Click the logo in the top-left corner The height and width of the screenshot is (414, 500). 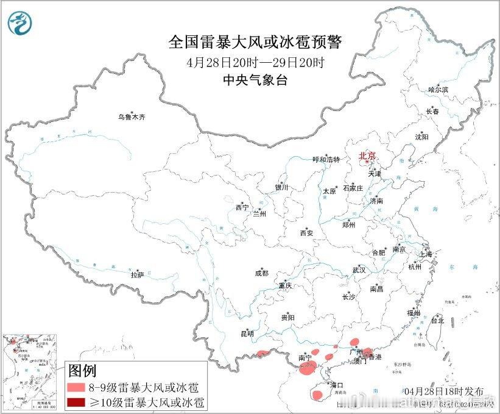[19, 23]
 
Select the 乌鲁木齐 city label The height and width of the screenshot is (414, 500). [132, 116]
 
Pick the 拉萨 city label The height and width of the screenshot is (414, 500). [137, 275]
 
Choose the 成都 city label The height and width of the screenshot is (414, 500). [262, 274]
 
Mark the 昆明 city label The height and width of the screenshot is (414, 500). [247, 334]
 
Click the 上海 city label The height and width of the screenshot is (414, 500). [425, 254]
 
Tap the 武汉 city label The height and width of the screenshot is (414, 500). [359, 269]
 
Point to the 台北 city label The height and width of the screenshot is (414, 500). [437, 320]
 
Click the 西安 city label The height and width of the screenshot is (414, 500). [306, 232]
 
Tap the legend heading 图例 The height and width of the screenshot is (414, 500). [82, 370]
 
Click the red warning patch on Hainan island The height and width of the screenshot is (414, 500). [317, 396]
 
